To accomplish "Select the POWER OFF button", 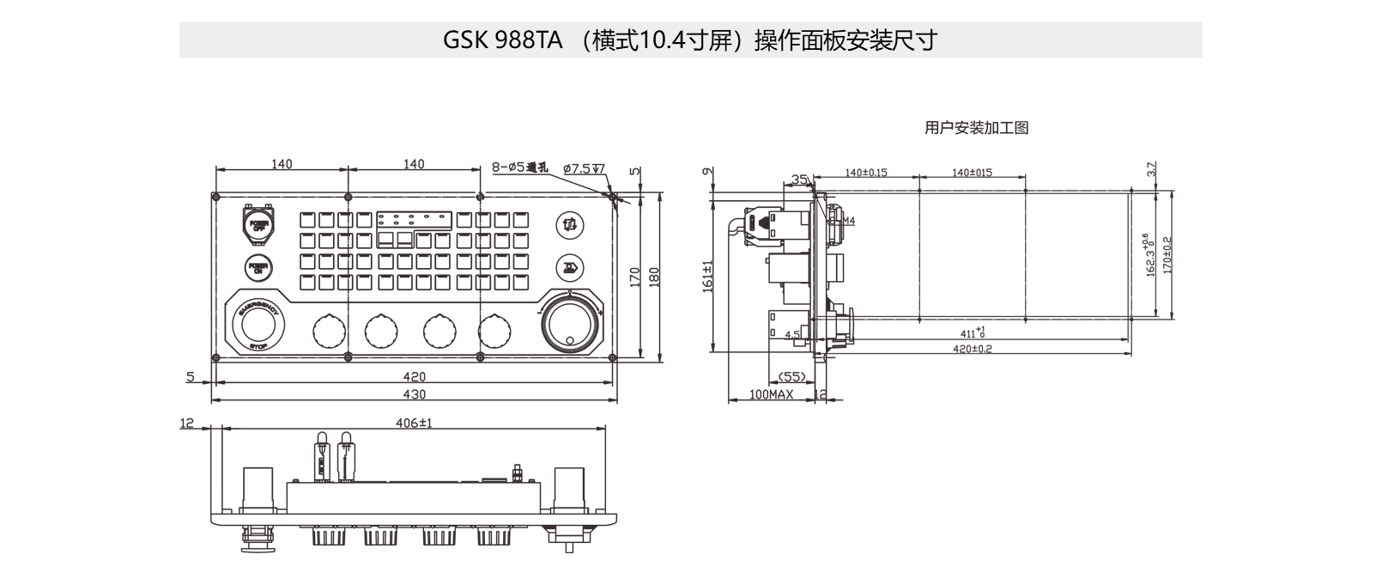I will coord(258,226).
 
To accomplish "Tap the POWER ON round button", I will coord(258,268).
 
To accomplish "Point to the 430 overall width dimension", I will coord(414,394).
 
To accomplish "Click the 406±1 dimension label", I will coord(414,423).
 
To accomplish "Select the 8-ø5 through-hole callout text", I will coord(519,168).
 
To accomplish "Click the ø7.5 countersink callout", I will coord(584,168).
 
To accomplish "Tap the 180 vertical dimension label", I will coord(653,277).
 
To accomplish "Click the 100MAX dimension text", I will coord(771,394).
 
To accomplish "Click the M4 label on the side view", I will coord(848,221).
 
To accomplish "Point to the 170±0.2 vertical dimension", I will coord(1167,256).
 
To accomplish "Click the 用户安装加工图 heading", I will coord(976,128).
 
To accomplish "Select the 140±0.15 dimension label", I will coord(866,173).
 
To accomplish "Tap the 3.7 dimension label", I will coord(1152,170).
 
